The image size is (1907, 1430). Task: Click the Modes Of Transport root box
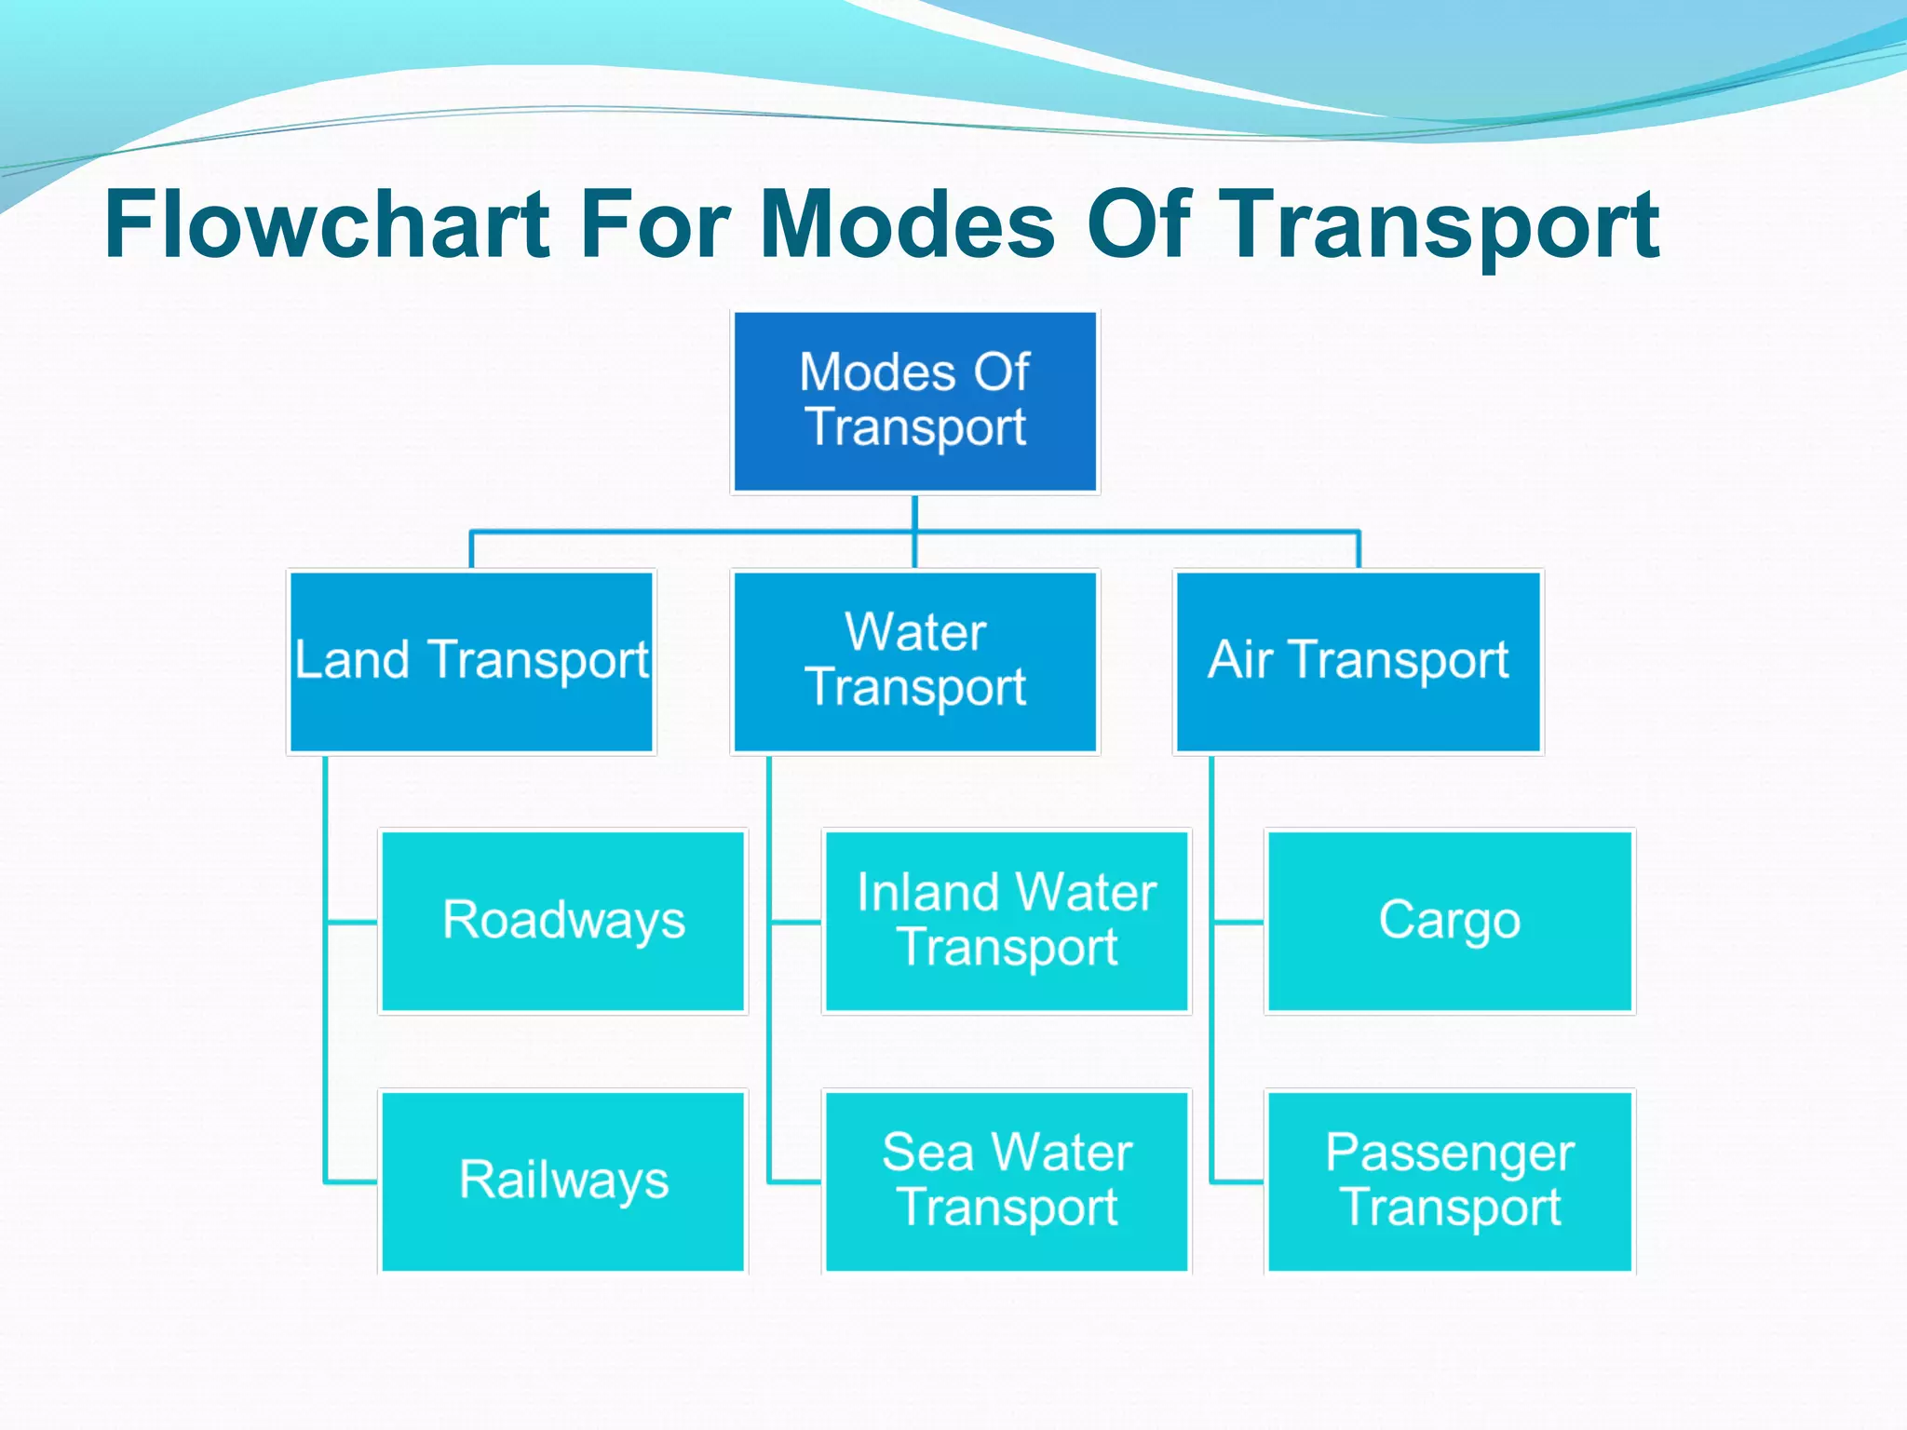pos(915,401)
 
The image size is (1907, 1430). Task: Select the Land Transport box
pos(471,661)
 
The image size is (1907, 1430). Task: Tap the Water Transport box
pos(915,661)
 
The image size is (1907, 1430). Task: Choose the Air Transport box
pos(1359,661)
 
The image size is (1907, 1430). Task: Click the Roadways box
pos(563,921)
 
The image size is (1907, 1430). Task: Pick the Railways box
pos(563,1180)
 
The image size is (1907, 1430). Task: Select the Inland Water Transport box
pos(1007,921)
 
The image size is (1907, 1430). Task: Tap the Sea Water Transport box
pos(1007,1180)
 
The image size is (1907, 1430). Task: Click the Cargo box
pos(1450,921)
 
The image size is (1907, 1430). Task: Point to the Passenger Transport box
pos(1450,1180)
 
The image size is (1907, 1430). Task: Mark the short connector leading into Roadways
pos(352,923)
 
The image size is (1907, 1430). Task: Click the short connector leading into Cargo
pos(1238,923)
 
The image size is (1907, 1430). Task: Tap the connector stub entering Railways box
pos(352,1182)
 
